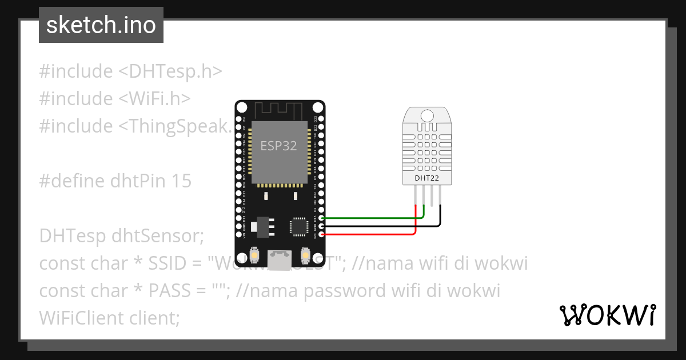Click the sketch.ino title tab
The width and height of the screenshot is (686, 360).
(101, 25)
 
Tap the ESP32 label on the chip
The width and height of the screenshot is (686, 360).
(278, 146)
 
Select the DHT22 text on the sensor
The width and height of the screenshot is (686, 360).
(426, 178)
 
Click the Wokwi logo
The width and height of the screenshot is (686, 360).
(607, 315)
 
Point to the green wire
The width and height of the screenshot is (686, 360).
(372, 218)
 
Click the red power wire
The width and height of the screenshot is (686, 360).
(372, 234)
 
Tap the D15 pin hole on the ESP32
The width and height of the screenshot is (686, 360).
(321, 218)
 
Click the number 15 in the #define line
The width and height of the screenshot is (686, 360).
(181, 181)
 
